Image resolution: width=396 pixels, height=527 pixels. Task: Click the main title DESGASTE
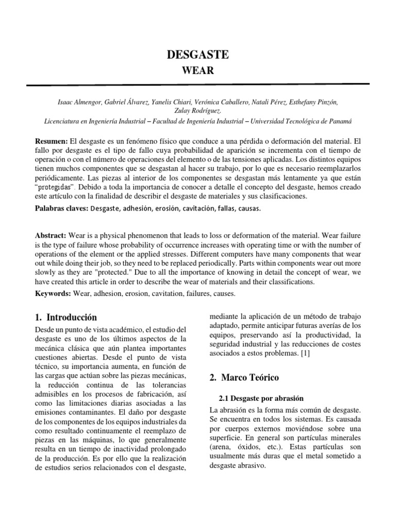pyautogui.click(x=199, y=55)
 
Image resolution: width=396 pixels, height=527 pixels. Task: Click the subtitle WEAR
pyautogui.click(x=199, y=70)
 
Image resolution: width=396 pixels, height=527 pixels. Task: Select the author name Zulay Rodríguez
pyautogui.click(x=198, y=111)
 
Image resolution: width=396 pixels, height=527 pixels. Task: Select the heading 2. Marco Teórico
pyautogui.click(x=244, y=377)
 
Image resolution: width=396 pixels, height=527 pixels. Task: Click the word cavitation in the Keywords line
pyautogui.click(x=165, y=294)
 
